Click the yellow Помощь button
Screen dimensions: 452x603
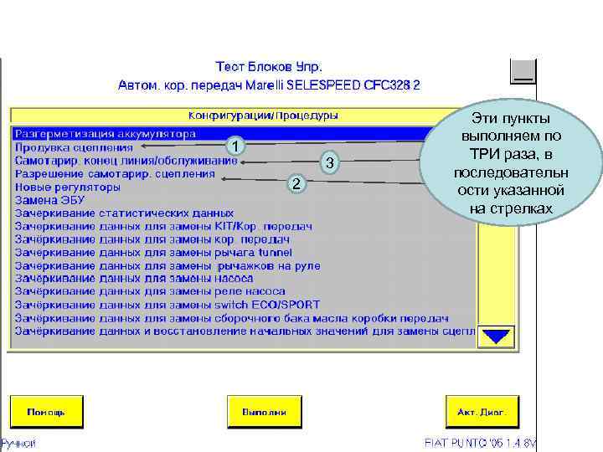47,412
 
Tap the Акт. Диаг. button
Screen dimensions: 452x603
482,412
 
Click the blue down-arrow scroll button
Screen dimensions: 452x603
499,336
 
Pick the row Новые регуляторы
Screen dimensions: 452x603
68,187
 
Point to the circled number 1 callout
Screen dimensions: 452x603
237,147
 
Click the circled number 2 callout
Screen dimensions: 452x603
295,183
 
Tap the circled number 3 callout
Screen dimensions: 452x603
330,163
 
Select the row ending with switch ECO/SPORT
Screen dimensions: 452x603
167,305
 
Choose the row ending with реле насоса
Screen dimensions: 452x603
151,291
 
